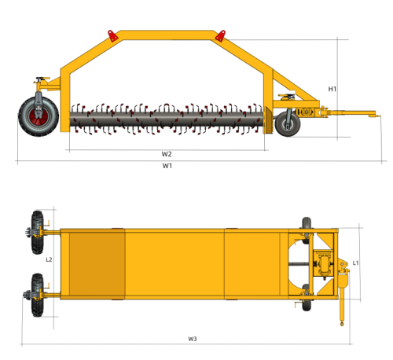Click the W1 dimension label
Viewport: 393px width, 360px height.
167,167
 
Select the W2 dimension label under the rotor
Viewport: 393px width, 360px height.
167,153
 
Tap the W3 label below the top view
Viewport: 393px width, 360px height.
193,339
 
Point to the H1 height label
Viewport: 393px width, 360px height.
332,89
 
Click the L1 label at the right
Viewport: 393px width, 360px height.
355,263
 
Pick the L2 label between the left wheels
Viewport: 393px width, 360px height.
49,259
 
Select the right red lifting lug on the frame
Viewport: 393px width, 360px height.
221,35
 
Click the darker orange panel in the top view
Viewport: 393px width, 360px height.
97,263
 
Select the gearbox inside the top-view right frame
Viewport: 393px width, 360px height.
321,264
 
